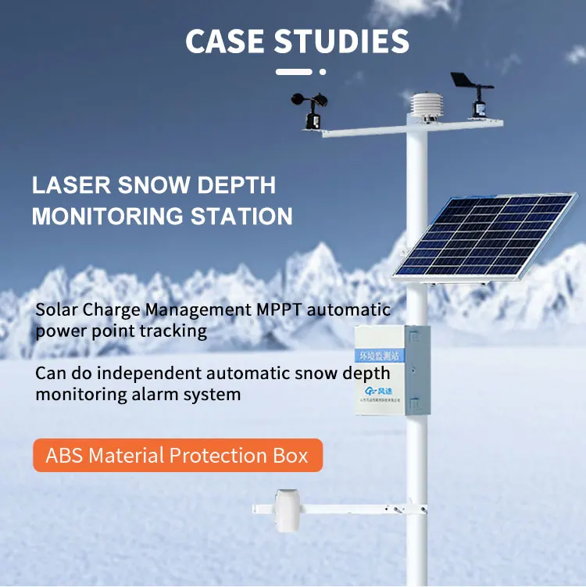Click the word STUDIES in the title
pos(344,41)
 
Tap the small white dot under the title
pos(323,72)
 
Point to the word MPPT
pos(278,309)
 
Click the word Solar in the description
pos(56,309)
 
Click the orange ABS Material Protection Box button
pos(177,455)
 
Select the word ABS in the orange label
pos(66,455)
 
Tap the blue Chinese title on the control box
pos(388,353)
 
